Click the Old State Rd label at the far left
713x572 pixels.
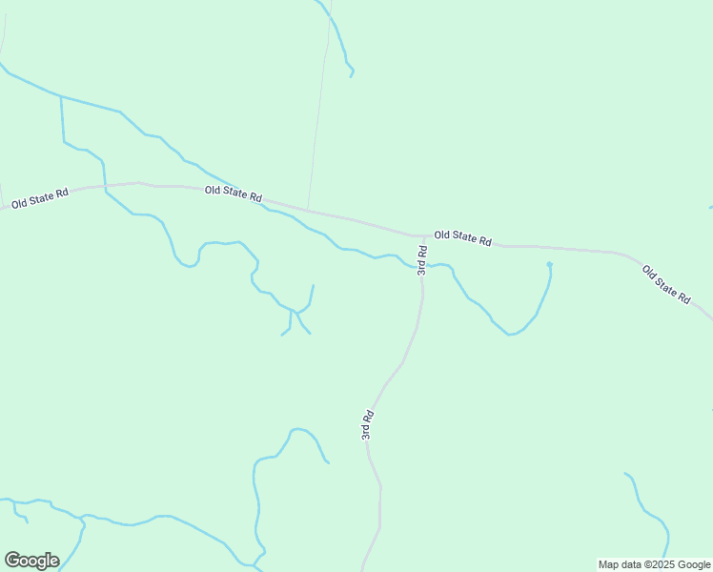[x=40, y=198]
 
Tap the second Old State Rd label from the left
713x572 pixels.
[x=234, y=193]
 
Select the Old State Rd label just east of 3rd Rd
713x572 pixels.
[x=462, y=237]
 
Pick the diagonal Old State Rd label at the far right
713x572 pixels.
[x=666, y=284]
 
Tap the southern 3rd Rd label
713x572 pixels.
[x=367, y=424]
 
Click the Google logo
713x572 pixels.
[x=31, y=561]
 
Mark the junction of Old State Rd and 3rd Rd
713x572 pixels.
[x=424, y=235]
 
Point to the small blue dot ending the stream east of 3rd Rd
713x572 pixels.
[x=549, y=264]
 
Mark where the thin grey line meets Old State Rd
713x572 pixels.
[x=307, y=210]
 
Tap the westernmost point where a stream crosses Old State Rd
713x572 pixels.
[x=104, y=187]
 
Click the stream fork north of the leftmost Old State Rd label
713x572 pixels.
[x=61, y=96]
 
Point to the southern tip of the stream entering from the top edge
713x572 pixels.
[x=352, y=75]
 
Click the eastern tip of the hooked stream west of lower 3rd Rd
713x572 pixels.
[x=328, y=462]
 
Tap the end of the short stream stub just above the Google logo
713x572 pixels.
[x=27, y=521]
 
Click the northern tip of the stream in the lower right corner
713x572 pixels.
[x=625, y=473]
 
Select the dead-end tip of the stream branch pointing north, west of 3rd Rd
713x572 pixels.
[x=314, y=285]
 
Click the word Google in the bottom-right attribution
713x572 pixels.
[x=694, y=564]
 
